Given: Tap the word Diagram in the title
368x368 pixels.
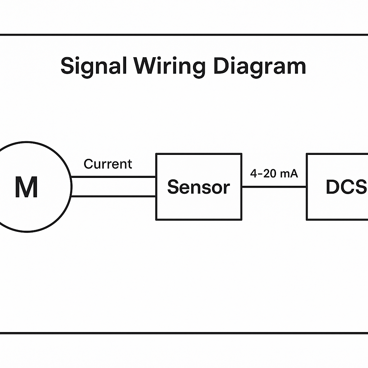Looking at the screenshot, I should pyautogui.click(x=259, y=66).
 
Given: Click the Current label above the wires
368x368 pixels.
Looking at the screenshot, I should pyautogui.click(x=108, y=164).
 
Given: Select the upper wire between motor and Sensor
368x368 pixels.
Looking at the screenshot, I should pyautogui.click(x=113, y=177).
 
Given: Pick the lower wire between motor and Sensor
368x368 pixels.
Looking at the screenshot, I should pyautogui.click(x=113, y=196).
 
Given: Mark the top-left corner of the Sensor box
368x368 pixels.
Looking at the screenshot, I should pyautogui.click(x=156, y=154).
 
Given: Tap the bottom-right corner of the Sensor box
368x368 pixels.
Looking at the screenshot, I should pyautogui.click(x=241, y=220).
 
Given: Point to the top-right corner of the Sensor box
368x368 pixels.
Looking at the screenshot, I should pyautogui.click(x=241, y=154).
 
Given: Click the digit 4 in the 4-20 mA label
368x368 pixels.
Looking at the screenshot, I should pyautogui.click(x=254, y=174).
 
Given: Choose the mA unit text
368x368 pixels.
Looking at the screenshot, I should pyautogui.click(x=289, y=174).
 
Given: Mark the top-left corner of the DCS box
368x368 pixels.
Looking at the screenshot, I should pyautogui.click(x=307, y=154).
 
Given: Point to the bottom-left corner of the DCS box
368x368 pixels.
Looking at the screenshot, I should pyautogui.click(x=307, y=220).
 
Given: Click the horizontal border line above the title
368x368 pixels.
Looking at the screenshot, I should pyautogui.click(x=184, y=35).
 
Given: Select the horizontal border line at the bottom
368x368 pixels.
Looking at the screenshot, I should pyautogui.click(x=184, y=333).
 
